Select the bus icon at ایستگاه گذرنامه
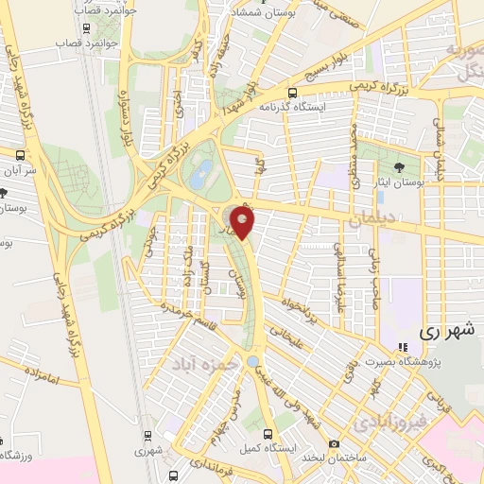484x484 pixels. coord(292,94)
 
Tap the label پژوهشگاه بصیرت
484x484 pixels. coord(441,363)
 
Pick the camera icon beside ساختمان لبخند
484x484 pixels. coord(334,444)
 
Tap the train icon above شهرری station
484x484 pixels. coord(148,436)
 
